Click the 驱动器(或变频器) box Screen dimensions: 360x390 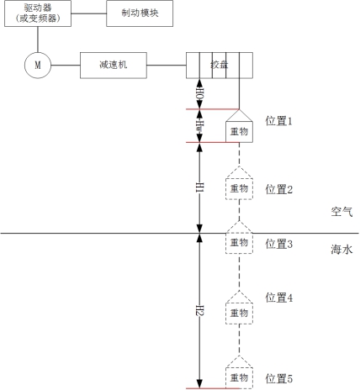[x=38, y=13]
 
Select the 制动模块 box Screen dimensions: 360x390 [x=140, y=13]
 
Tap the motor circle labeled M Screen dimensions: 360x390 [x=38, y=66]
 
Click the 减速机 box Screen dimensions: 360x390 [x=114, y=66]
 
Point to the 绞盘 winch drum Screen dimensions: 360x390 [x=220, y=66]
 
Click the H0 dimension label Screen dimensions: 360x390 [x=199, y=93]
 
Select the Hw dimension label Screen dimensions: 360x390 [x=199, y=126]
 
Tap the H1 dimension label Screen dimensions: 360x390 [x=199, y=187]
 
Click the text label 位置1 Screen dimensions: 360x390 [x=279, y=121]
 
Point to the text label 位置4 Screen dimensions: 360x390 [x=279, y=298]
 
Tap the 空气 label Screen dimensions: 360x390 [x=341, y=212]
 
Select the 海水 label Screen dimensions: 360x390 [x=341, y=250]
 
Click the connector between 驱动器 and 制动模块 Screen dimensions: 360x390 [x=89, y=13]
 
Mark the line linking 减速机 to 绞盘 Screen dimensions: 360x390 [x=167, y=66]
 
